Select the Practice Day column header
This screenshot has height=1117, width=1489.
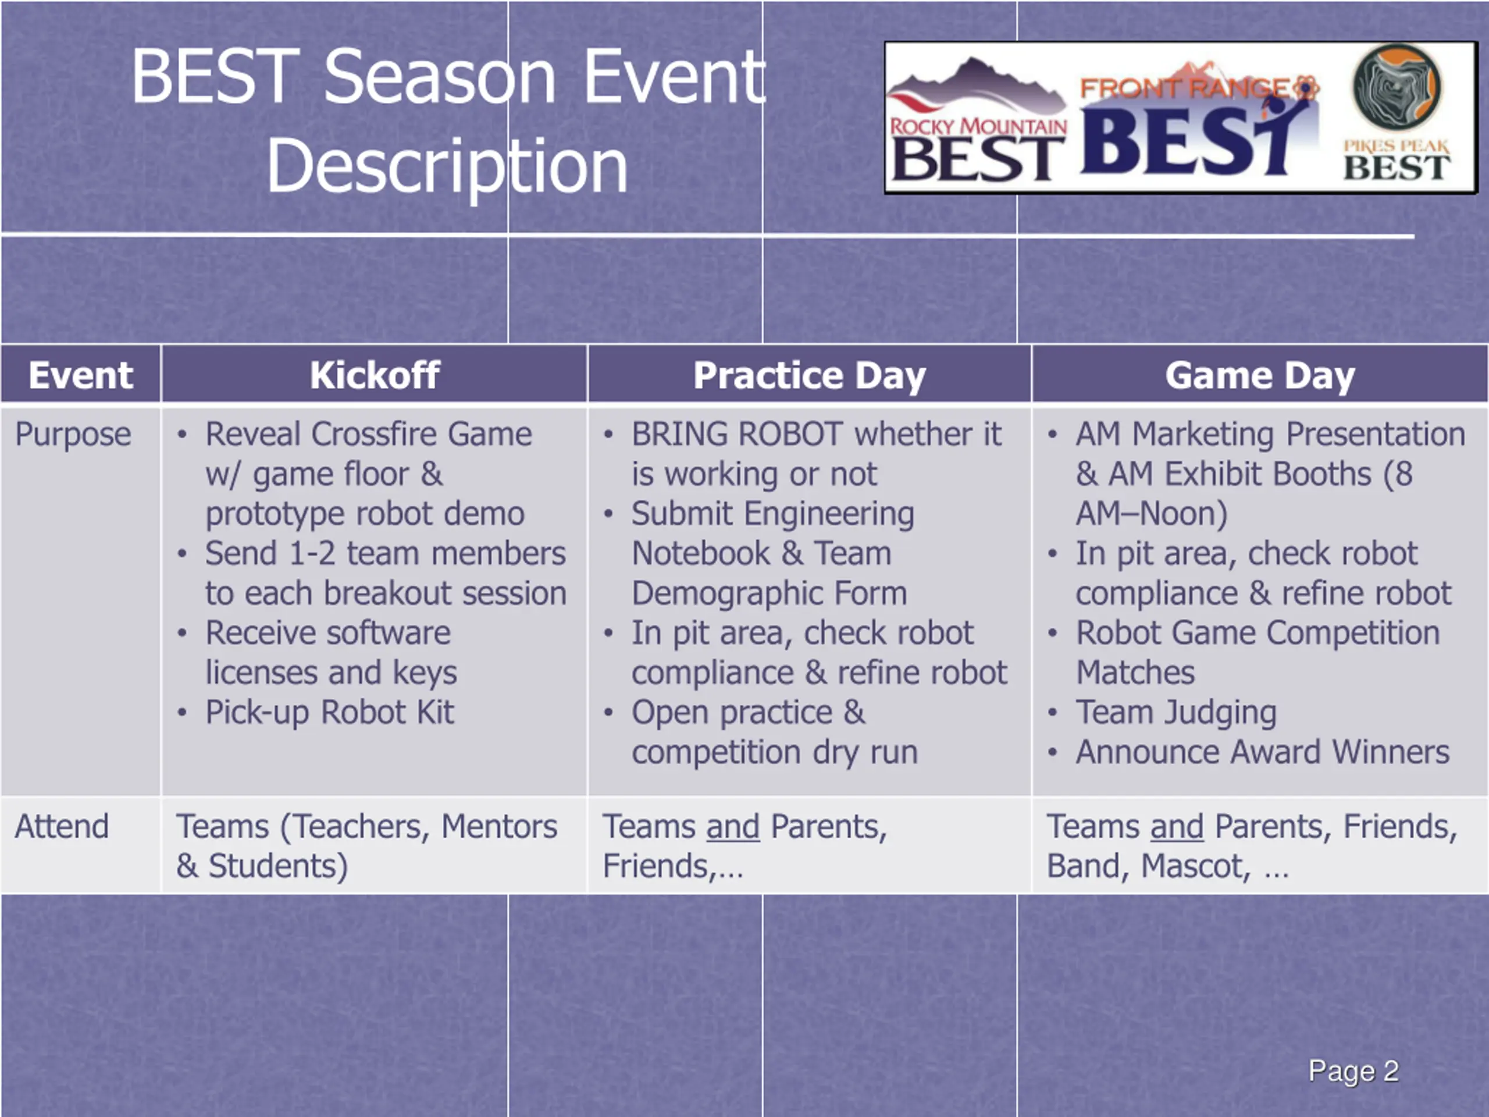click(810, 376)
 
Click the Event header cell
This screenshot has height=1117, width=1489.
click(81, 375)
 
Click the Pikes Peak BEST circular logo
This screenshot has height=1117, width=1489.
click(1398, 87)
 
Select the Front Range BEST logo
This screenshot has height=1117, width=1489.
click(1198, 121)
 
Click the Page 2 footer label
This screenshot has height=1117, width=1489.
click(1353, 1070)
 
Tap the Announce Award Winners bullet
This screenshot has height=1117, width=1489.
click(1262, 752)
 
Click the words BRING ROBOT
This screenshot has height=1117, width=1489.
click(736, 434)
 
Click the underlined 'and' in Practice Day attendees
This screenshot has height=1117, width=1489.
click(732, 827)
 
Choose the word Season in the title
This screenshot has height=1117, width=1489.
click(440, 77)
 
